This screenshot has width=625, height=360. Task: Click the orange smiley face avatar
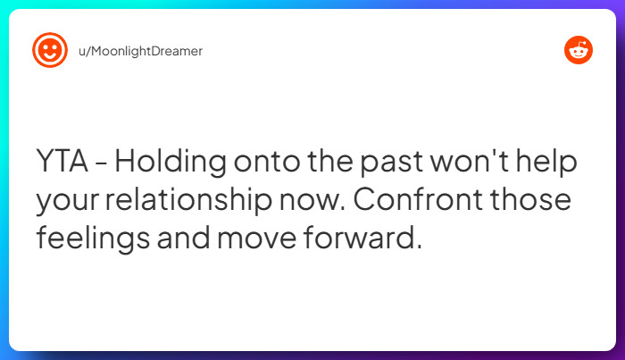(x=49, y=50)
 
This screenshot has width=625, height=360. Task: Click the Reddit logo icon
(x=579, y=50)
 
